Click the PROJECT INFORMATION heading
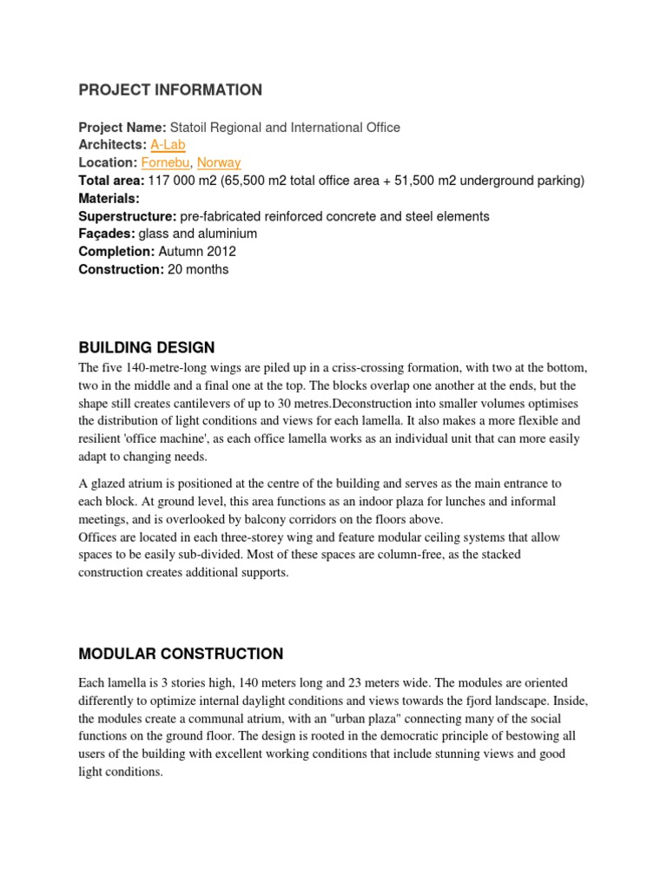coord(170,90)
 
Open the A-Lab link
coord(168,145)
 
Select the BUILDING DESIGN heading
coord(146,348)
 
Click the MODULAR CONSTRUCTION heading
coord(181,654)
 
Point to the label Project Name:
coord(122,128)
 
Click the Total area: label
coord(111,181)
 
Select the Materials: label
coord(109,198)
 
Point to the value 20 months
coord(198,269)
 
